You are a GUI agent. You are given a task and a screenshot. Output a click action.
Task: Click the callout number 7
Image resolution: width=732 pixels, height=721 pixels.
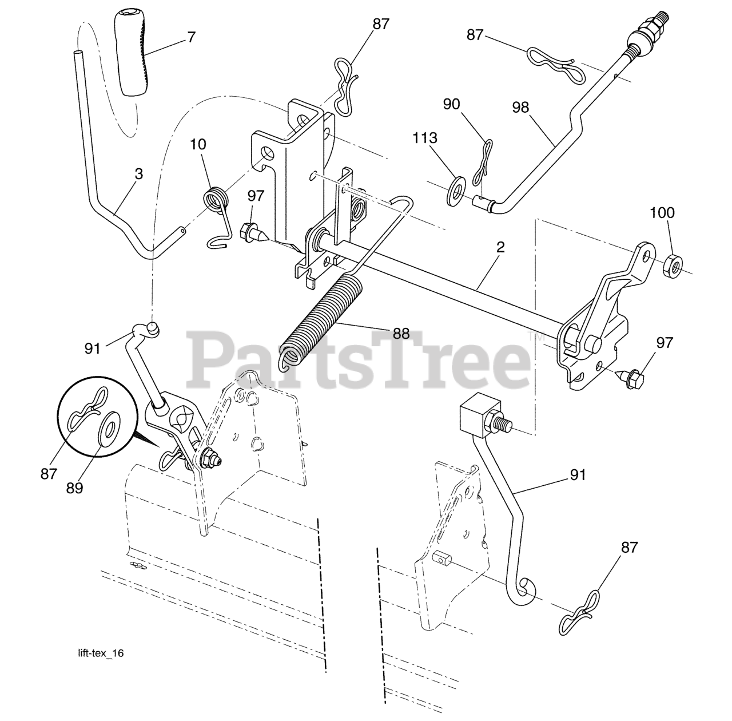(x=191, y=38)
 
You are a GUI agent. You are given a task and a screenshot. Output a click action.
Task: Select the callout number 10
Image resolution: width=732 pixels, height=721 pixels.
(x=198, y=144)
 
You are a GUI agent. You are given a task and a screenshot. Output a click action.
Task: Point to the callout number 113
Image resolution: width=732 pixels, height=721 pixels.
(x=424, y=138)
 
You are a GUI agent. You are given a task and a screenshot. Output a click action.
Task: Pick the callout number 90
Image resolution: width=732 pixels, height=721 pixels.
(x=467, y=104)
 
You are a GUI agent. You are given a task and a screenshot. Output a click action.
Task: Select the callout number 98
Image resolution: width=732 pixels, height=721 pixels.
(x=521, y=108)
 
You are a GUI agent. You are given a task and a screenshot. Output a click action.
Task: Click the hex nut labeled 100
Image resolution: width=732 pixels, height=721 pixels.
(x=673, y=264)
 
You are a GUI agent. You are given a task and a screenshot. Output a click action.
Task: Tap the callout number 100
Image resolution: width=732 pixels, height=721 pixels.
(x=662, y=213)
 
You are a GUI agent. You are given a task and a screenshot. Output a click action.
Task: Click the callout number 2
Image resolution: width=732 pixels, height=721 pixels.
(x=500, y=248)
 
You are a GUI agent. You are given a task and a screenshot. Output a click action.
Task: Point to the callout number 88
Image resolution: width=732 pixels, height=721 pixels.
(x=401, y=333)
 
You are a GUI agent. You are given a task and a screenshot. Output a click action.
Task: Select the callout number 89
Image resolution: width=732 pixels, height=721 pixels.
(x=74, y=488)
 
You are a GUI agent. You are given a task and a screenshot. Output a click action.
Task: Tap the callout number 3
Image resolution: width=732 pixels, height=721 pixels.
(x=139, y=174)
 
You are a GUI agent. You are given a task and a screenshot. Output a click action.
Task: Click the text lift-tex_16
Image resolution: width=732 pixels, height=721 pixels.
(x=101, y=653)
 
